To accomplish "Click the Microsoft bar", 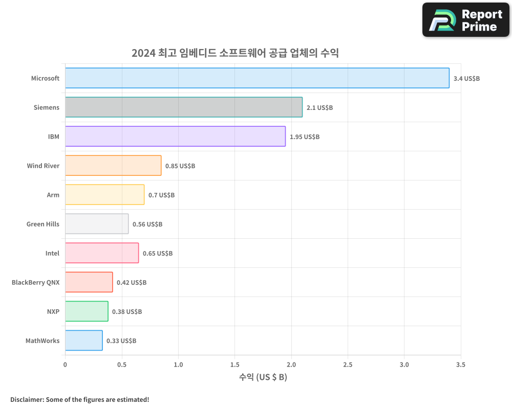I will pyautogui.click(x=257, y=78).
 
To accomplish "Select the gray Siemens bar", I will pyautogui.click(x=184, y=107).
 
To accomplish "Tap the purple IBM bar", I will pyautogui.click(x=175, y=137).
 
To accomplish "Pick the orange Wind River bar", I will pyautogui.click(x=113, y=166).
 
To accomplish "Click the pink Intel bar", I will pyautogui.click(x=102, y=253).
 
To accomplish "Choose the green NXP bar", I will pyautogui.click(x=87, y=311).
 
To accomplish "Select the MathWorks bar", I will pyautogui.click(x=84, y=340).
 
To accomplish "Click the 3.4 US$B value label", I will pyautogui.click(x=466, y=78).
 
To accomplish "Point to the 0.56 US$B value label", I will pyautogui.click(x=147, y=224).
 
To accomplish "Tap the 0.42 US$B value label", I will pyautogui.click(x=132, y=282).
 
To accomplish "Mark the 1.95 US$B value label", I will pyautogui.click(x=305, y=137).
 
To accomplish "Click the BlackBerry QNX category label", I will pyautogui.click(x=35, y=282).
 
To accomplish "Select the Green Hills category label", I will pyautogui.click(x=43, y=224).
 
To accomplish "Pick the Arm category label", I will pyautogui.click(x=53, y=195).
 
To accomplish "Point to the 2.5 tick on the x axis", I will pyautogui.click(x=348, y=365).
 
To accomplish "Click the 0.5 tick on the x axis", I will pyautogui.click(x=122, y=365).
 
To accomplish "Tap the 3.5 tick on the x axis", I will pyautogui.click(x=460, y=365).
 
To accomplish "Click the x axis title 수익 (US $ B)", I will pyautogui.click(x=263, y=377).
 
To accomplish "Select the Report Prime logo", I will pyautogui.click(x=466, y=20).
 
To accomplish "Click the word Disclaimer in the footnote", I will pyautogui.click(x=26, y=399).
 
